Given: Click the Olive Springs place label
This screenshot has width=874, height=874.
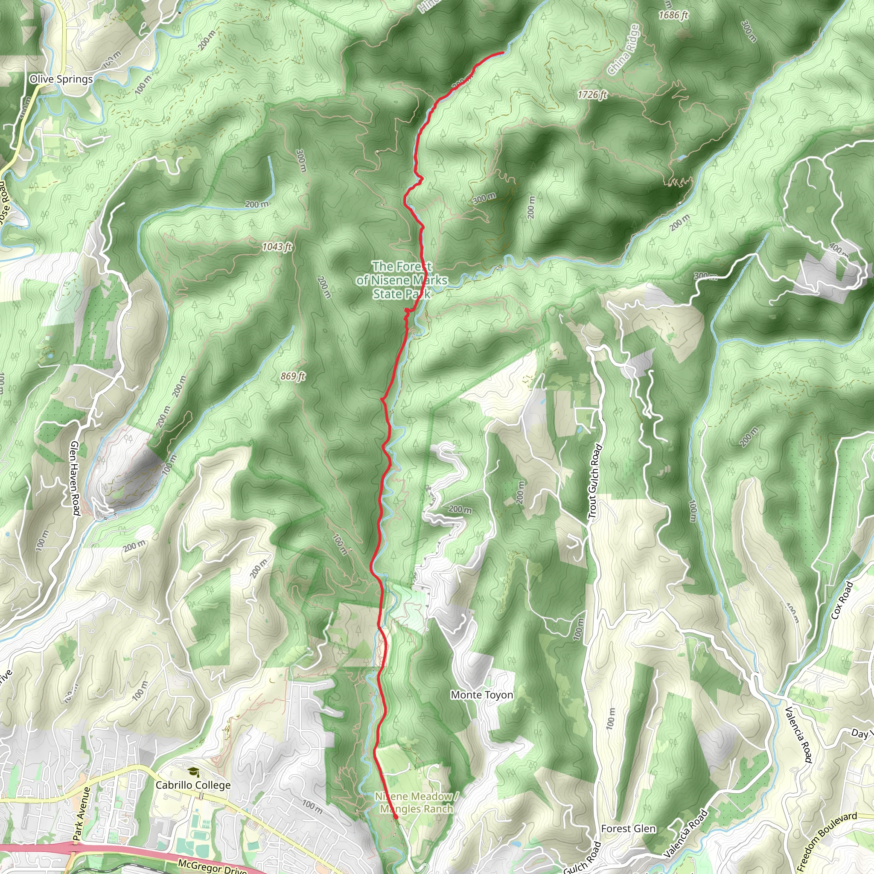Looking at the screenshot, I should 61,79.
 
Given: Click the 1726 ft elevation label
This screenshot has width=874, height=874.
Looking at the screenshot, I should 592,95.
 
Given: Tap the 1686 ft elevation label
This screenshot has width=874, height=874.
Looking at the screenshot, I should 673,15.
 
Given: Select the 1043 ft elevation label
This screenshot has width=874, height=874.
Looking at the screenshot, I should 277,247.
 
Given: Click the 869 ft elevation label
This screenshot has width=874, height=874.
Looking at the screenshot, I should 293,376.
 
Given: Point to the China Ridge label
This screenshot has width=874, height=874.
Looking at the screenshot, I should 624,50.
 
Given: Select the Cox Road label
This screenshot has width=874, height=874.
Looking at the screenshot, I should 842,600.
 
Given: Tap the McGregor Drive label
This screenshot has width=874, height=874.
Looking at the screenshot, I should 212,866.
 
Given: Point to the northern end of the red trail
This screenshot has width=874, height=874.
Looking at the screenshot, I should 503,53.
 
